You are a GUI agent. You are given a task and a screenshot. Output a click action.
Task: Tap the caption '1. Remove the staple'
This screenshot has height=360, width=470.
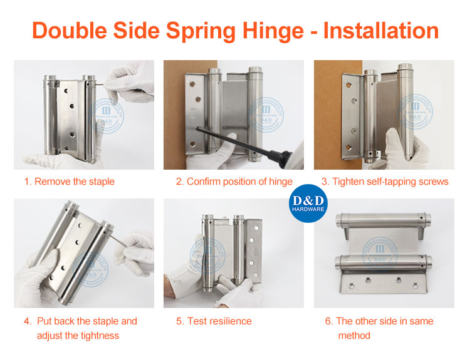point(70,182)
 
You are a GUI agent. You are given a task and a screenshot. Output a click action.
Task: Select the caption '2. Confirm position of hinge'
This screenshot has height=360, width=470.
point(234,182)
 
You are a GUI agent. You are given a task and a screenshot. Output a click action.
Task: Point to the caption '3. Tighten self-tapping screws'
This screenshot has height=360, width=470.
point(385,182)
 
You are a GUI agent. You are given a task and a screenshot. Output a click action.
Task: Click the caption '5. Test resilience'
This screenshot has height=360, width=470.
point(214,321)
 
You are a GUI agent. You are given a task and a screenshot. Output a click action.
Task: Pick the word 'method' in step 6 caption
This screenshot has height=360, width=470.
point(354,335)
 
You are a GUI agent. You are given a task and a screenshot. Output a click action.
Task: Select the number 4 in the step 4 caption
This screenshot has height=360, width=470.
point(28,321)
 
